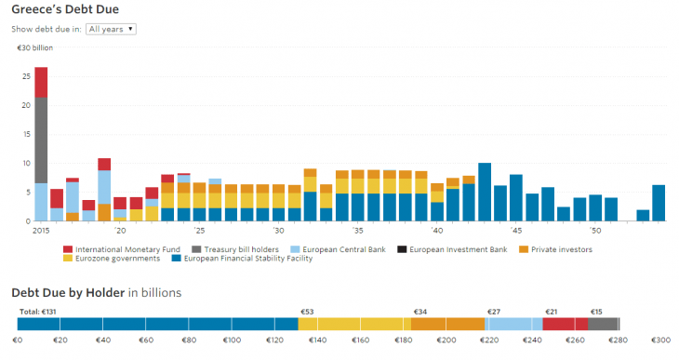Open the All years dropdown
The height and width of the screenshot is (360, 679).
click(x=111, y=29)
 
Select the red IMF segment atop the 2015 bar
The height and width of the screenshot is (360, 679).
click(x=41, y=82)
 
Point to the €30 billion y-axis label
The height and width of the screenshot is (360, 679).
click(x=34, y=47)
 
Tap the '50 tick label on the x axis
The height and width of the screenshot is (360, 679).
click(x=596, y=230)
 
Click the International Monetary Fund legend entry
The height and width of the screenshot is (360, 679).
click(x=121, y=249)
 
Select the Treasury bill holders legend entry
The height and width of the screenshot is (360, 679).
click(x=236, y=249)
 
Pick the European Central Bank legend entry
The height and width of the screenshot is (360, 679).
click(x=340, y=249)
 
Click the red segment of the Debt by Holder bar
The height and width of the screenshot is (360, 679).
click(x=565, y=324)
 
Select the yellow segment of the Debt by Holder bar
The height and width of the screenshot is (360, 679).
click(x=354, y=324)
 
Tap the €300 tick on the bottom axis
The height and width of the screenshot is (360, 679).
click(x=659, y=340)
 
